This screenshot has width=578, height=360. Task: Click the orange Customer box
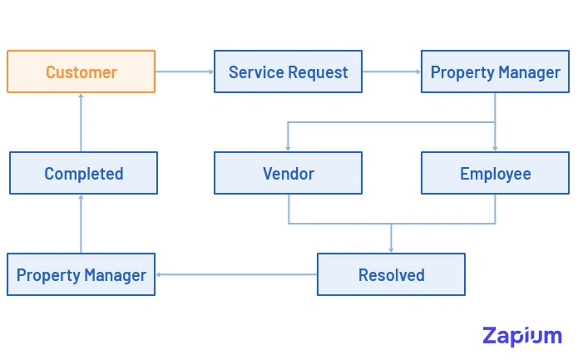click(x=81, y=72)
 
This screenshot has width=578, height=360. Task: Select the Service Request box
click(x=288, y=72)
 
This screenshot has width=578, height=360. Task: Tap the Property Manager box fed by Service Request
click(x=495, y=72)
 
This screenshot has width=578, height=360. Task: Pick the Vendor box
click(x=288, y=173)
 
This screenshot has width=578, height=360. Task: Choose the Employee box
click(x=495, y=173)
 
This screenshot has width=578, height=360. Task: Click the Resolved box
click(x=391, y=274)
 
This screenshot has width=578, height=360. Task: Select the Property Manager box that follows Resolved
click(x=81, y=274)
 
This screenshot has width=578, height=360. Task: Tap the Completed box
click(x=83, y=173)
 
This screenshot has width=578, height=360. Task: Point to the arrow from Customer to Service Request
click(x=184, y=72)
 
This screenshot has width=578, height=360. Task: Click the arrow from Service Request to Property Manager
click(x=391, y=72)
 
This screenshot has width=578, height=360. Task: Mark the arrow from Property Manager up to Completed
click(x=81, y=224)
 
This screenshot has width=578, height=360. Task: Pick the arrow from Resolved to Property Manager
click(x=236, y=274)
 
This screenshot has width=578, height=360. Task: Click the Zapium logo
click(x=521, y=336)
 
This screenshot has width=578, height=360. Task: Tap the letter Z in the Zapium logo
click(x=492, y=335)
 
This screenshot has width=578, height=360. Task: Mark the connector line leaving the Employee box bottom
click(x=495, y=209)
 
